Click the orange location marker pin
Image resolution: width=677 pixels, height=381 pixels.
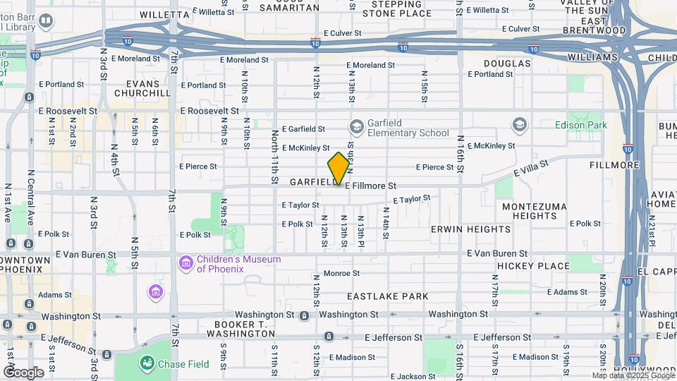pyautogui.click(x=339, y=169)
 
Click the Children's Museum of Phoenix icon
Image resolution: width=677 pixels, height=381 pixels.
pyautogui.click(x=186, y=263)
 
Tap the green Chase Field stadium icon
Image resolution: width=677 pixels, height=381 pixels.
pyautogui.click(x=148, y=363)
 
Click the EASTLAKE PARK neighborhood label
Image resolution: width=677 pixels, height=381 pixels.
pyautogui.click(x=387, y=296)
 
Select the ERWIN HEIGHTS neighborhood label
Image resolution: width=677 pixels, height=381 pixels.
pyautogui.click(x=471, y=229)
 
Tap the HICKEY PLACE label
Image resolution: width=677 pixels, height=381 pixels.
pyautogui.click(x=533, y=266)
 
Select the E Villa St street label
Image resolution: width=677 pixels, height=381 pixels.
pyautogui.click(x=530, y=171)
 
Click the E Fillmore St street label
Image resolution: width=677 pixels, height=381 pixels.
pyautogui.click(x=370, y=186)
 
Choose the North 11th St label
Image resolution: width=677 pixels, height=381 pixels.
pyautogui.click(x=274, y=157)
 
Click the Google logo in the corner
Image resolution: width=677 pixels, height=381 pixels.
pyautogui.click(x=23, y=372)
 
